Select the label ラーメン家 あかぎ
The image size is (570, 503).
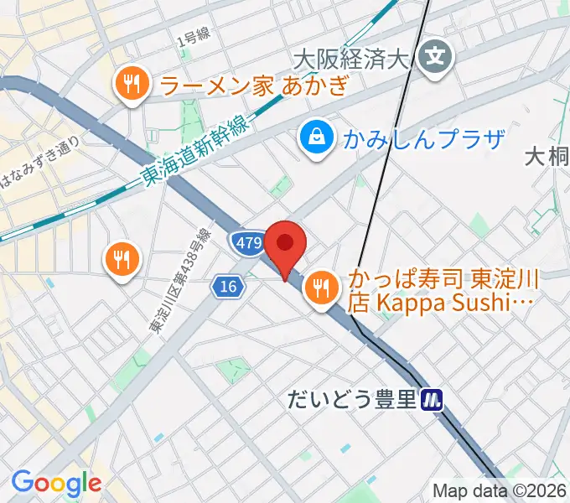pos(251,84)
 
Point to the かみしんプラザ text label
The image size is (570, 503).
pos(423,138)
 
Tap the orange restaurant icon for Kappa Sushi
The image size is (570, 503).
pos(320,289)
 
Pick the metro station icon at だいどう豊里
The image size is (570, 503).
pos(432,400)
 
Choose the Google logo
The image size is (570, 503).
pos(55,483)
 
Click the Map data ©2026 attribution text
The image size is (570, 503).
pos(500,490)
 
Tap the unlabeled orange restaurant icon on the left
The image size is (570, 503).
pos(122,259)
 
